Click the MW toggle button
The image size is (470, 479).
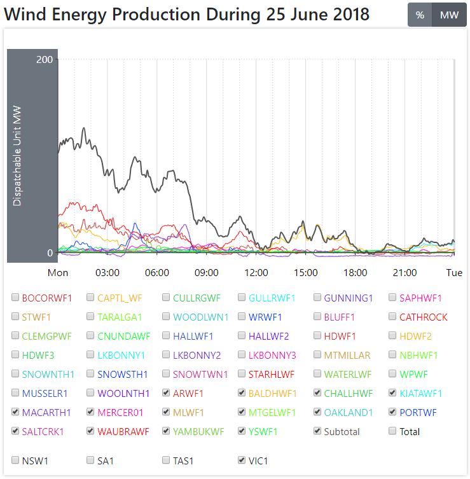pos(449,15)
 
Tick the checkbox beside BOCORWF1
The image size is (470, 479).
pos(15,298)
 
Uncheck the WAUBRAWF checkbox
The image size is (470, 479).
pos(91,431)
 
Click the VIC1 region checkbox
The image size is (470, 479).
pos(242,460)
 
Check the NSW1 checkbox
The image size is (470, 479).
pos(15,460)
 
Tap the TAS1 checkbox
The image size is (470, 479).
pos(167,460)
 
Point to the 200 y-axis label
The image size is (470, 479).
pos(45,60)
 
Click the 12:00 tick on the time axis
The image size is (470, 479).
pos(256,273)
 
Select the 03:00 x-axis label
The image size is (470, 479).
pos(107,273)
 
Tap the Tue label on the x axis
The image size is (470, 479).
pos(454,273)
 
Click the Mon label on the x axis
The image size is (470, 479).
pos(58,273)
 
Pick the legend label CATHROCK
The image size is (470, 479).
pos(423,317)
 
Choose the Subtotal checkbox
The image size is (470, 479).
pos(318,431)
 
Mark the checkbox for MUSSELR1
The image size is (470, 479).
pos(15,393)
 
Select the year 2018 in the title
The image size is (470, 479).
pos(349,14)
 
